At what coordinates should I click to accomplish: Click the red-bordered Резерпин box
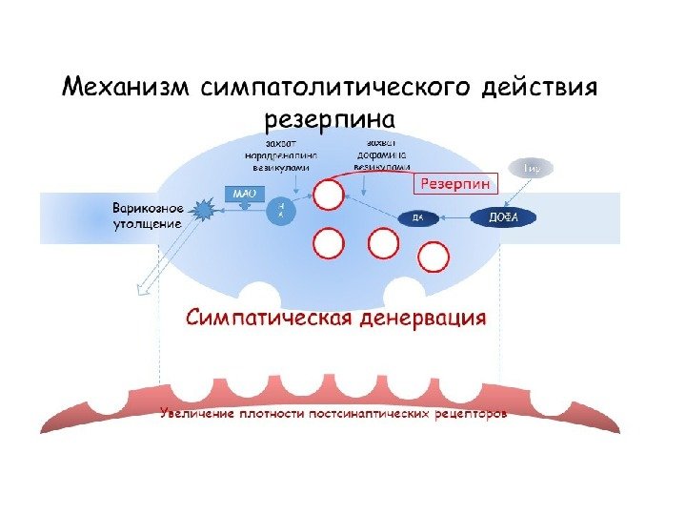click(458, 182)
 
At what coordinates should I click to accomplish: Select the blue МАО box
click(240, 192)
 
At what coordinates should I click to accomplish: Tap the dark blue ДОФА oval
click(503, 217)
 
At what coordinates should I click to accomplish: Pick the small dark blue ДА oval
click(417, 218)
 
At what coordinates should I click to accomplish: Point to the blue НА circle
click(280, 209)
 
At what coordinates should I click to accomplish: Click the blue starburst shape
click(204, 210)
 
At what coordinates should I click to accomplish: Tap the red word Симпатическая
click(268, 318)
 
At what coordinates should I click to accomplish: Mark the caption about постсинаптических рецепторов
click(333, 415)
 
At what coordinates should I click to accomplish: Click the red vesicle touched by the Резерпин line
click(329, 196)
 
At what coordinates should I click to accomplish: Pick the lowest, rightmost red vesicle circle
click(434, 257)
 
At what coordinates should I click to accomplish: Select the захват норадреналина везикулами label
click(279, 153)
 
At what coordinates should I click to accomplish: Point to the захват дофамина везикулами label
click(381, 153)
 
